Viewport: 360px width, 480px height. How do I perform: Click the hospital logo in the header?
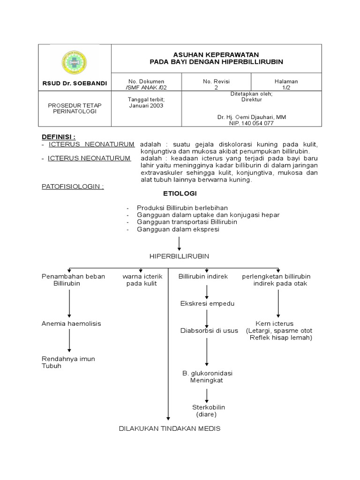75,61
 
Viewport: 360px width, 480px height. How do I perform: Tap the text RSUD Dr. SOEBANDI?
74,83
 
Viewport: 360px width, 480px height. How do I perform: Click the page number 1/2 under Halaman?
286,87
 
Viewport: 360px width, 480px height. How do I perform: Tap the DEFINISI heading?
59,136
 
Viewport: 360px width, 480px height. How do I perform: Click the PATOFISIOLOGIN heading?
73,186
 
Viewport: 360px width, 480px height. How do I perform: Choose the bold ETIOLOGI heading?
180,193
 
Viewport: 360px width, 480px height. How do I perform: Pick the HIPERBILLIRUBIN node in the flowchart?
179,256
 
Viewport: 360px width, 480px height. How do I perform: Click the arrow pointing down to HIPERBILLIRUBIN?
180,244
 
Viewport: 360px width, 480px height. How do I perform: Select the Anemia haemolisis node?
71,323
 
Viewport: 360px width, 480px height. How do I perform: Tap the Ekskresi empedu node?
207,304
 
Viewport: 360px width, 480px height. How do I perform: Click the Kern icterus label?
274,323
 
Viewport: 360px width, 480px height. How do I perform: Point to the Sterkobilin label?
207,407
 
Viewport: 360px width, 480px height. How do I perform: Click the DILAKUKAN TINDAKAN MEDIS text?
169,428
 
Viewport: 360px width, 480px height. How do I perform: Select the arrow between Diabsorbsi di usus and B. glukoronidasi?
207,351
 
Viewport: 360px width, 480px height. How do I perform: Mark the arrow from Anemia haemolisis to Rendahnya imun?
69,341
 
